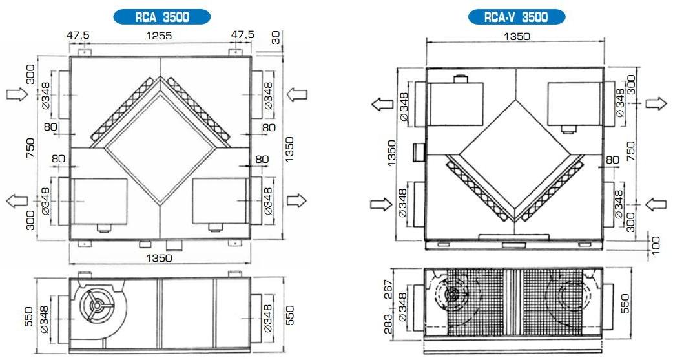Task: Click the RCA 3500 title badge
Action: [x=161, y=17]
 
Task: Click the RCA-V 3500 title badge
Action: [x=516, y=17]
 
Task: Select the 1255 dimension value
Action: [x=158, y=36]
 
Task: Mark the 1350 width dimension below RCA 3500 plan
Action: [x=158, y=258]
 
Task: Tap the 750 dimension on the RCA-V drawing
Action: [x=632, y=150]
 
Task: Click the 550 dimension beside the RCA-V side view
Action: [x=625, y=301]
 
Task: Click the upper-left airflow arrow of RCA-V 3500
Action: [x=382, y=104]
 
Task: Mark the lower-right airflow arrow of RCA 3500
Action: [x=296, y=200]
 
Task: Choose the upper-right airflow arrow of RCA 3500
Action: [x=296, y=95]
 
